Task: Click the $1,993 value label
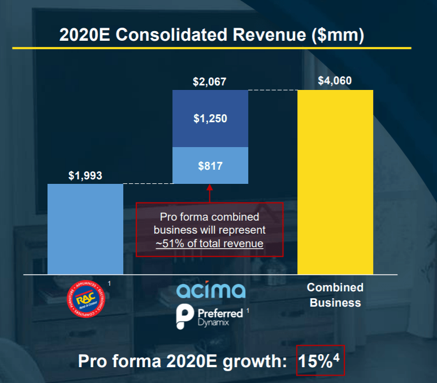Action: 85,175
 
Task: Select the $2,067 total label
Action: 209,82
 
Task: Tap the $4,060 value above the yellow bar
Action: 335,81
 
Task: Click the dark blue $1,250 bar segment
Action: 210,119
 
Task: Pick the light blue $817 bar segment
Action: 210,166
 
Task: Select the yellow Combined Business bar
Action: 335,181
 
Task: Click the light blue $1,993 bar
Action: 85,229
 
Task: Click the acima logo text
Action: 211,291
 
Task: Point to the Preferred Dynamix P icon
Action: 184,315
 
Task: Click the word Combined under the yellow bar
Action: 335,287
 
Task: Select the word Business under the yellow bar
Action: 335,303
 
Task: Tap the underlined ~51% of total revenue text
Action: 209,244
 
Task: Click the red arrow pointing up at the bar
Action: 209,193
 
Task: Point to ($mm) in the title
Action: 338,35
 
